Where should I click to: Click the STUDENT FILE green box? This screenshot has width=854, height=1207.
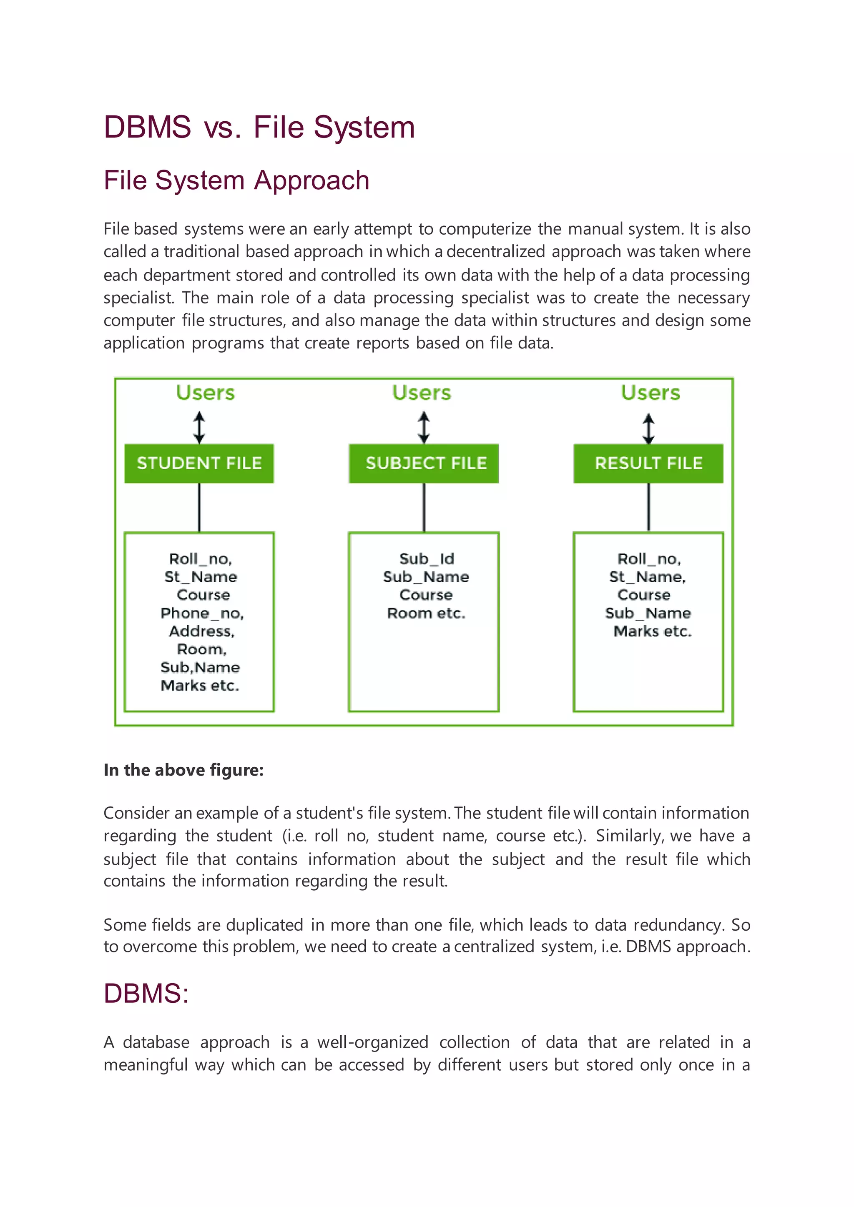point(199,463)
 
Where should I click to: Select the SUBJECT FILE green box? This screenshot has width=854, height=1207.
point(424,463)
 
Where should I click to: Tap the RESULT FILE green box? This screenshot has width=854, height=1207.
point(648,463)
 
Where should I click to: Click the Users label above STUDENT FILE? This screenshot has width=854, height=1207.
point(206,393)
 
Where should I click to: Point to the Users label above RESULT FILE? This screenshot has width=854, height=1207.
point(651,393)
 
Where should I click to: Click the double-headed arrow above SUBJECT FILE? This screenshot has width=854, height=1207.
point(424,427)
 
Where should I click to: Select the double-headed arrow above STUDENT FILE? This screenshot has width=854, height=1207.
point(199,427)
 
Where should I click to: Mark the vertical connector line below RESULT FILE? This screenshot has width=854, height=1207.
point(648,507)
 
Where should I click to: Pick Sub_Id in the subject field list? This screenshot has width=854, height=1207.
point(427,559)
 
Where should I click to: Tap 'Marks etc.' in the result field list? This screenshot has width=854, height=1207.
point(653,631)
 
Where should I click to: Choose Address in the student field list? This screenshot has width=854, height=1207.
point(202,631)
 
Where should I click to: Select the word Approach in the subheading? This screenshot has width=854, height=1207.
point(312,180)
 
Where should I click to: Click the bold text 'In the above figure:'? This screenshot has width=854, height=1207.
point(183,770)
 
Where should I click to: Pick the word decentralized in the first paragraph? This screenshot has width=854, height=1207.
point(495,252)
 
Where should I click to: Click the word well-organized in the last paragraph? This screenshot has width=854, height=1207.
point(372,1042)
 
